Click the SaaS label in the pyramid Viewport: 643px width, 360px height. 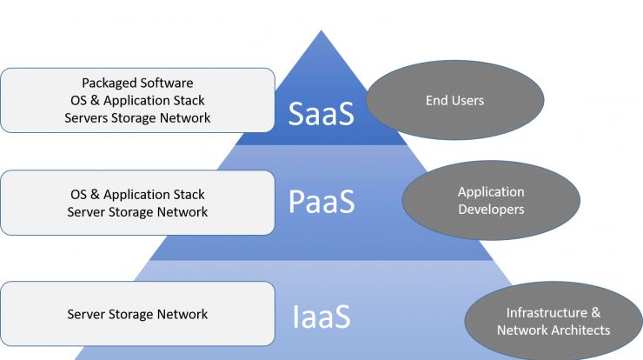coord(321,113)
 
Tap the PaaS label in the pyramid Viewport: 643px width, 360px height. coord(321,202)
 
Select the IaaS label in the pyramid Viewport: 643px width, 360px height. coord(321,317)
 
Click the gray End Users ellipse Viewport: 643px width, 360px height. coord(454,100)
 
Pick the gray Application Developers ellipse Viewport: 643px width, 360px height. coord(491,200)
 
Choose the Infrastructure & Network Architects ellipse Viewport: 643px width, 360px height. coord(554,321)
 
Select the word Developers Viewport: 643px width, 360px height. coord(491,210)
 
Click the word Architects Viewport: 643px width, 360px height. coord(581,330)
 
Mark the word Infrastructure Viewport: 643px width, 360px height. coord(547,313)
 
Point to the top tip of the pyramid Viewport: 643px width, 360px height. coord(321,30)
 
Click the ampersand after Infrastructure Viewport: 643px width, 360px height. coord(596,313)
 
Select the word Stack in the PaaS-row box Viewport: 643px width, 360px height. coord(189,195)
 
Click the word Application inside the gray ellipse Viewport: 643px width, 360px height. coord(491,192)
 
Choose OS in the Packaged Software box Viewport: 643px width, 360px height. coord(79,101)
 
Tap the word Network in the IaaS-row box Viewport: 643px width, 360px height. coord(182,315)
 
